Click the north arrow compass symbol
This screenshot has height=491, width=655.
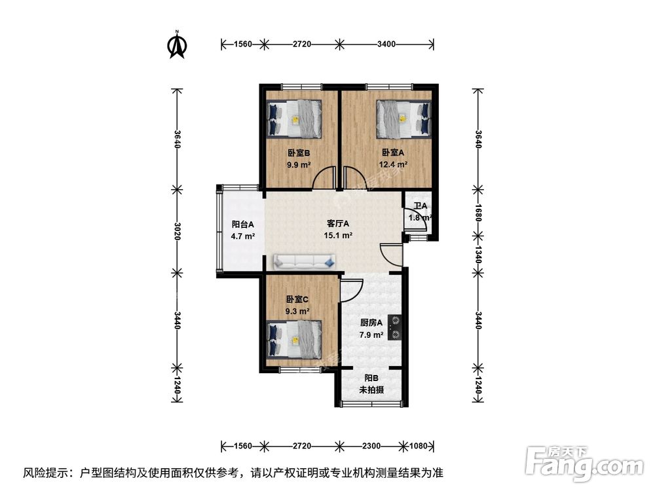click(x=177, y=45)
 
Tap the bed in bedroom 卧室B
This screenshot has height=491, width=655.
click(x=294, y=118)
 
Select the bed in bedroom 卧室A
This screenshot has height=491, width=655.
click(x=403, y=118)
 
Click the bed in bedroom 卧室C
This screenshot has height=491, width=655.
click(x=294, y=338)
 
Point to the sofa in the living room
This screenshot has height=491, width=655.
click(x=305, y=262)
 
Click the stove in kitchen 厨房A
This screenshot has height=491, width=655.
click(x=395, y=327)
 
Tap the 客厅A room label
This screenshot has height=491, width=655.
click(x=338, y=223)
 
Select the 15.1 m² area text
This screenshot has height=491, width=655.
click(x=338, y=236)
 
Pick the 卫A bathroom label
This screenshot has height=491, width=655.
click(x=419, y=206)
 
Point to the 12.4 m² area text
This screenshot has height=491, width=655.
click(x=394, y=165)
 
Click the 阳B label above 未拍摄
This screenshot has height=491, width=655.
click(x=371, y=378)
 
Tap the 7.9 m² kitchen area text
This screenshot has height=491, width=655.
click(x=371, y=335)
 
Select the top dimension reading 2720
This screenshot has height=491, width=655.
click(x=301, y=45)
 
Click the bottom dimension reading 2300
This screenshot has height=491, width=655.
click(x=371, y=446)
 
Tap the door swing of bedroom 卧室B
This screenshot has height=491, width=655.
click(x=325, y=179)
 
